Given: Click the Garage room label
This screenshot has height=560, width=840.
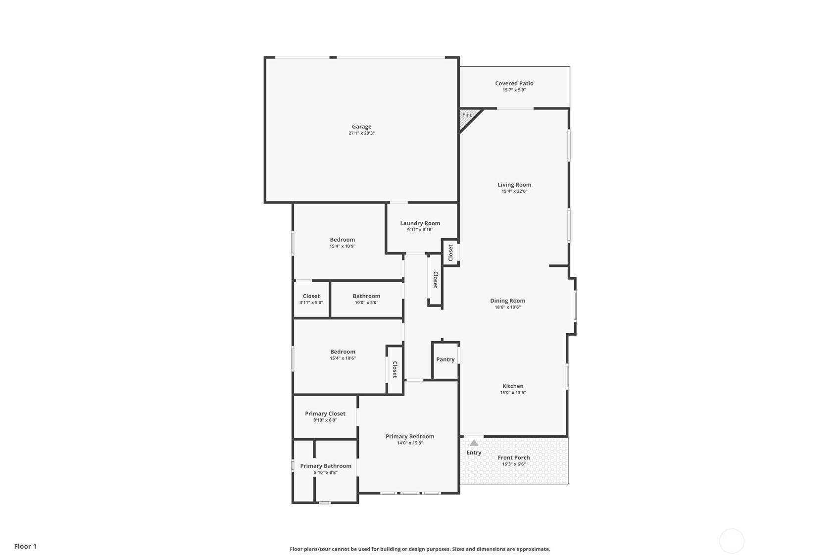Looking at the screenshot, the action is point(361,127).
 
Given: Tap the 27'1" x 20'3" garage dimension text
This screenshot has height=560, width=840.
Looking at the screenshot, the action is point(361,133).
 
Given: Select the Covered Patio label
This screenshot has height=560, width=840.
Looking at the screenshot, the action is point(514,83).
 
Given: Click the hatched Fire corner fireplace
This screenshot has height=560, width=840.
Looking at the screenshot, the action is point(469,118).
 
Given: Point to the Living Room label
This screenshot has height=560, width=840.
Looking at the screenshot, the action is point(514,185).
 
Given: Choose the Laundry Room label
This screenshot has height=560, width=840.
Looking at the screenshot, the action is point(420,223).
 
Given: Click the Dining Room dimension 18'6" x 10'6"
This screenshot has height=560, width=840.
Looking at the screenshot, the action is point(508,307).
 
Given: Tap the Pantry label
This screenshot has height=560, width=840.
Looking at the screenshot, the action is point(445,359).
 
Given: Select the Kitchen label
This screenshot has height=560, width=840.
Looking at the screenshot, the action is point(513,386).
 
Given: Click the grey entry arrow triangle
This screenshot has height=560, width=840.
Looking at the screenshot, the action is point(474,443).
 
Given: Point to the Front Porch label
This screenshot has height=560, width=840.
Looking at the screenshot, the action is point(514,458).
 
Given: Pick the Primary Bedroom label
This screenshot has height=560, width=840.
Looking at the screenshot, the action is point(410,436).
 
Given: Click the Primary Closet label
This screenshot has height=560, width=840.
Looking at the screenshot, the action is point(325,414).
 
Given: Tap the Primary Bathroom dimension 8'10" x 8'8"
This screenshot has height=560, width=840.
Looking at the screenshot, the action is point(326,472).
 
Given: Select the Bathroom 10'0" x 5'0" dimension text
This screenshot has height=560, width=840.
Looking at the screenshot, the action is point(366,303).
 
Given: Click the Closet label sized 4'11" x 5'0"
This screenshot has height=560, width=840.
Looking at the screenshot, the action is point(311,296).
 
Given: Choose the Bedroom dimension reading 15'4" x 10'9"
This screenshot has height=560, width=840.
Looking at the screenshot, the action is point(343,247).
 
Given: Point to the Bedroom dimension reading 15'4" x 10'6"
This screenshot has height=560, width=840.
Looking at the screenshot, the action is point(343,358).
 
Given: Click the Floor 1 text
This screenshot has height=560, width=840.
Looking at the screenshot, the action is point(26,546).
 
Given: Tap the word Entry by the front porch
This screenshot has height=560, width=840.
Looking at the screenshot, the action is point(474,453).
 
